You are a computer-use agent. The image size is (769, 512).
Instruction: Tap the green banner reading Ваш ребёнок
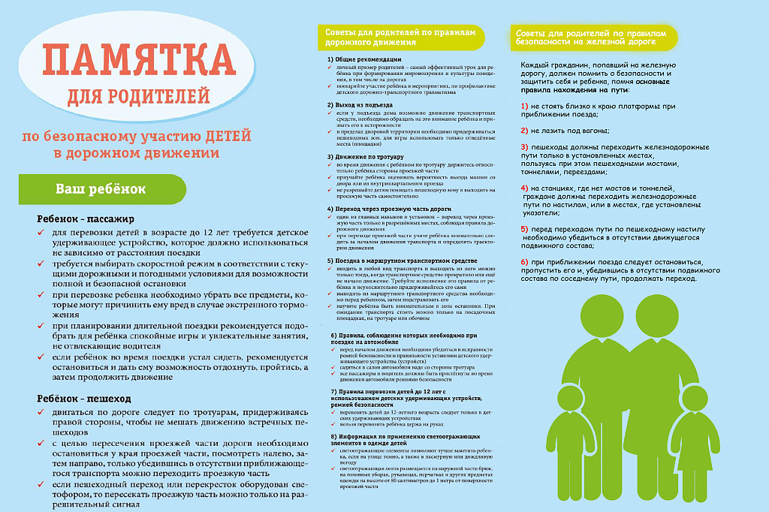101,188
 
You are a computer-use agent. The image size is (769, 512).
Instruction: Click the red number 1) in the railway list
524,106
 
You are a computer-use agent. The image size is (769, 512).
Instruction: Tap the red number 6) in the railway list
524,261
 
